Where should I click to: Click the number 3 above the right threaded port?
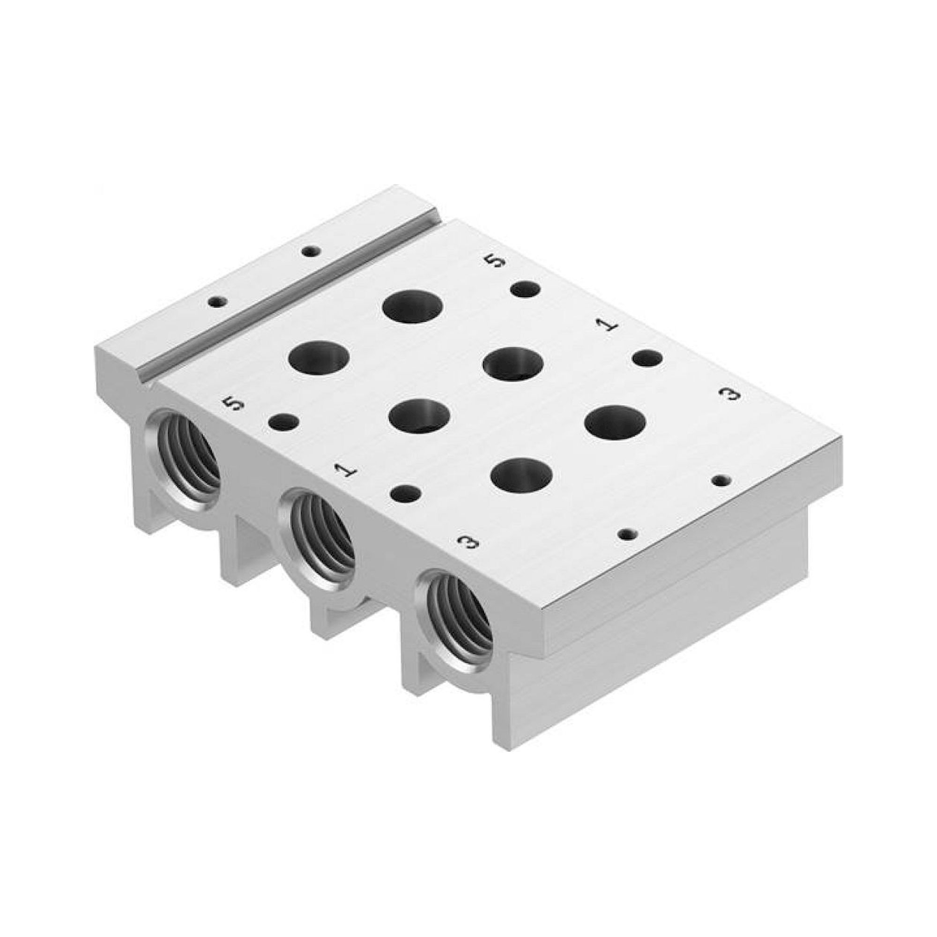(x=468, y=541)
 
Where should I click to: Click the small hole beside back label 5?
(x=526, y=290)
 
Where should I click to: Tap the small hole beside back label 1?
(x=647, y=359)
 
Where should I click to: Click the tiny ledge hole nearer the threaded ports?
(x=218, y=302)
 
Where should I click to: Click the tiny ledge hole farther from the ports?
(x=309, y=251)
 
